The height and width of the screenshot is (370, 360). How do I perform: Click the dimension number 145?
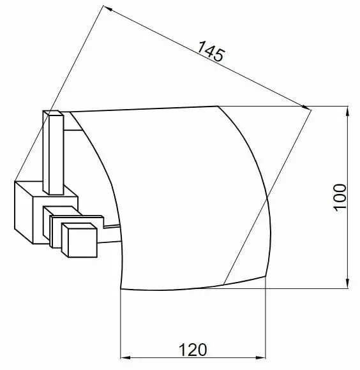coord(211,51)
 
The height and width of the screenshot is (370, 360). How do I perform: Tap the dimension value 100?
coord(340,196)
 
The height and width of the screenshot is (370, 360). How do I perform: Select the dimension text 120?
coord(193,350)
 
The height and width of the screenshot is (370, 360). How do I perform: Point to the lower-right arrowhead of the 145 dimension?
coord(306,107)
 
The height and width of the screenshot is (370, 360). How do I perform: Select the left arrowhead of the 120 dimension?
coord(125,358)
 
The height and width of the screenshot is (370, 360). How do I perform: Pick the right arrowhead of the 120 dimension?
coord(260,358)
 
